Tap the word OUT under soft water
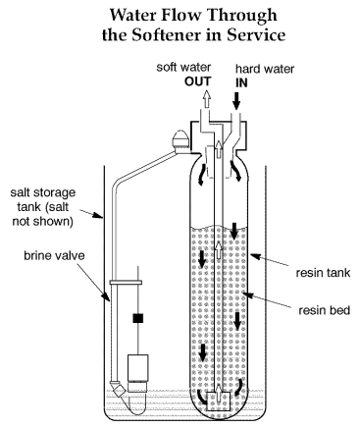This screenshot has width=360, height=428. [198, 81]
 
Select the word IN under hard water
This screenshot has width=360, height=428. [241, 82]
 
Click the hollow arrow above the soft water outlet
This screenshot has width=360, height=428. [206, 98]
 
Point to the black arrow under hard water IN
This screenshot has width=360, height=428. [237, 100]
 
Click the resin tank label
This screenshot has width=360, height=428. [323, 273]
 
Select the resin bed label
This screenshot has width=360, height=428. [325, 310]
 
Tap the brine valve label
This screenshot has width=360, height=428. [54, 255]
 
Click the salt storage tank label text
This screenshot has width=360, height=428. [43, 207]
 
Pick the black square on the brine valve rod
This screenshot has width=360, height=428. [138, 318]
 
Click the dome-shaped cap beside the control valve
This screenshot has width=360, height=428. [180, 140]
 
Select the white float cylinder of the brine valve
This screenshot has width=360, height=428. [138, 368]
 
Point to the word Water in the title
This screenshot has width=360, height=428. [134, 15]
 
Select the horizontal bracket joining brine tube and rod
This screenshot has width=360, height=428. [126, 283]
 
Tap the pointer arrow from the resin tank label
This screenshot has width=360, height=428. [270, 260]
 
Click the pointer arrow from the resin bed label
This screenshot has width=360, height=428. [268, 301]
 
